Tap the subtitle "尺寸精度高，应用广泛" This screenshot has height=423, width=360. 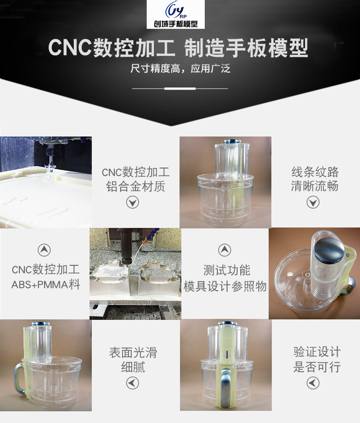[180, 69]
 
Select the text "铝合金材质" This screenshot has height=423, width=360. [135, 186]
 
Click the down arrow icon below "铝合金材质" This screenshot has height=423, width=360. [132, 203]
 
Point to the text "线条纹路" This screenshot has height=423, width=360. [315, 172]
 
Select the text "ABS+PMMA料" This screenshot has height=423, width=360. [45, 285]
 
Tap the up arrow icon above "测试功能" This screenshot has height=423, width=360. [225, 250]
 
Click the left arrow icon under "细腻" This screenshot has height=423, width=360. [132, 383]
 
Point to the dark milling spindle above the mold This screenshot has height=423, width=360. [124, 246]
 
